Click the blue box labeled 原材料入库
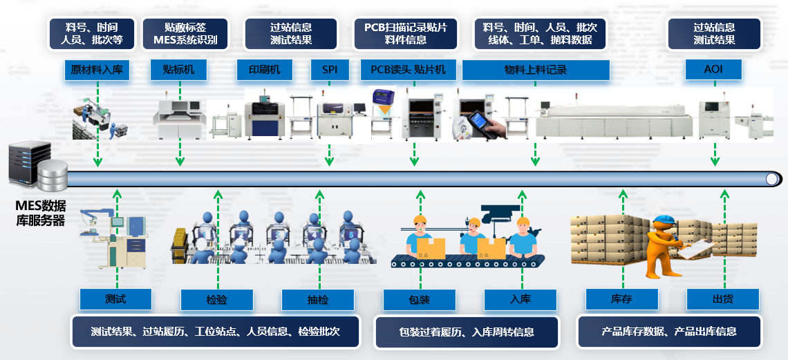coord(97,70)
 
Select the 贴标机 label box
coord(179,70)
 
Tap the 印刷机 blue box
coord(264,70)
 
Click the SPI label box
coord(330,70)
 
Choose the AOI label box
coord(713,70)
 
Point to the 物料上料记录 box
coord(536,70)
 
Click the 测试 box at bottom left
coord(115,299)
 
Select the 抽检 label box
coord(318,300)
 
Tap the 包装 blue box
coord(420,300)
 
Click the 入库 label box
coord(520,300)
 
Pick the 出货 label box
coord(723,300)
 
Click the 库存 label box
coord(621,300)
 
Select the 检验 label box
coord(216,300)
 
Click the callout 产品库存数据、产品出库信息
coord(668,332)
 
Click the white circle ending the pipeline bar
coord(772,179)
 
